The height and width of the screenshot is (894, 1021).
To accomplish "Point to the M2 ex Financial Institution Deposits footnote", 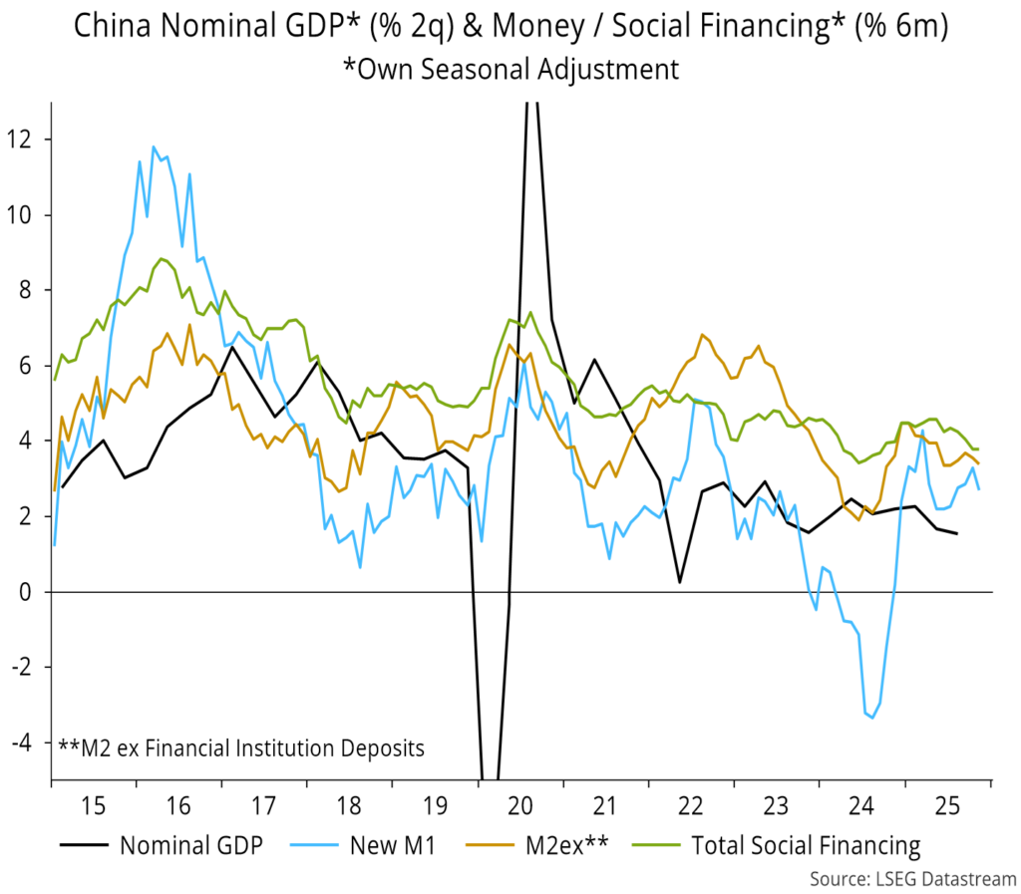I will point(240,746).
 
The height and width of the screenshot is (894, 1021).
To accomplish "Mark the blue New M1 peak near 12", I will point(154,148).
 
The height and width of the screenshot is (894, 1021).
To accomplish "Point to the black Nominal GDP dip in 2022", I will point(679,582).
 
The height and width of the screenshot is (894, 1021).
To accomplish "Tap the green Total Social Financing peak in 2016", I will point(162,258).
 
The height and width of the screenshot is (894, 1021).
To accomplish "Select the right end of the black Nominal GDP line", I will point(957,533).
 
